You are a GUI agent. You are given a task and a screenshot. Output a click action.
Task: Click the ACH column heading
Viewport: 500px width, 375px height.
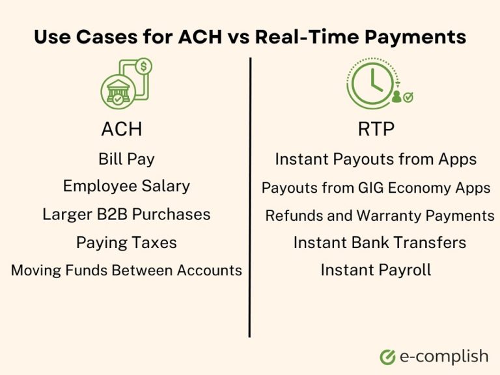[x=121, y=129]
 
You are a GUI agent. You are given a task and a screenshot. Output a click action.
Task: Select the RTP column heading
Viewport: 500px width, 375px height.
[x=376, y=129]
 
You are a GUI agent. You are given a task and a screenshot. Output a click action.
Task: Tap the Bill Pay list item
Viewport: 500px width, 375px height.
[x=126, y=158]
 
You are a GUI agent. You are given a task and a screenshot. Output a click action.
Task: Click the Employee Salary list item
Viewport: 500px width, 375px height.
[x=126, y=186]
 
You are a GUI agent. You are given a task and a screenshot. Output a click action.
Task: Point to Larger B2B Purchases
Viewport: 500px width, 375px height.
[x=126, y=214]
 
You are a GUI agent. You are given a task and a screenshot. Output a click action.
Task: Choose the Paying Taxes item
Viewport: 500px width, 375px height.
[x=126, y=243]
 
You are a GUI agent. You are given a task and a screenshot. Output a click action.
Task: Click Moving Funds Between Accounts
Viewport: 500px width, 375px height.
[x=126, y=270]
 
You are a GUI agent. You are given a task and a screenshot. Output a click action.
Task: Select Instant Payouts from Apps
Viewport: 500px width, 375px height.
[x=376, y=159]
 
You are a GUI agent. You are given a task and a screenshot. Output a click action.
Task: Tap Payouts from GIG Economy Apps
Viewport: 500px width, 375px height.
[x=376, y=188]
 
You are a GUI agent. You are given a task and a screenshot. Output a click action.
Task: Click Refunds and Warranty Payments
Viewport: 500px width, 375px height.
[x=380, y=215]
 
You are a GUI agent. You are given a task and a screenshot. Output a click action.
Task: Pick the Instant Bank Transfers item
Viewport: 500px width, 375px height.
[x=380, y=243]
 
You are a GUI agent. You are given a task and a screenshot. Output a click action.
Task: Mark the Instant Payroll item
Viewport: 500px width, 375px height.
[x=376, y=270]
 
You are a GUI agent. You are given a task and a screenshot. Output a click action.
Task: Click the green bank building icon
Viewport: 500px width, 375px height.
[x=117, y=92]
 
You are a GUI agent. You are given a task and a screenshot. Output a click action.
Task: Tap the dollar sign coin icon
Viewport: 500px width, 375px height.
[x=144, y=66]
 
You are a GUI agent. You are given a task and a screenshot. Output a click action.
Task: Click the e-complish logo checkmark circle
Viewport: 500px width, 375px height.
[x=388, y=357]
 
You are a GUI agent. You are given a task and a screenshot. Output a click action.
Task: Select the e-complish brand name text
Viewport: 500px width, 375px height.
[x=444, y=356]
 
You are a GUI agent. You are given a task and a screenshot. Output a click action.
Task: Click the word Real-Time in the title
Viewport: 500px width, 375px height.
[x=300, y=37]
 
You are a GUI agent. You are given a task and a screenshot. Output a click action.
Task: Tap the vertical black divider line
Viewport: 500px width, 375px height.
[x=250, y=195]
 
